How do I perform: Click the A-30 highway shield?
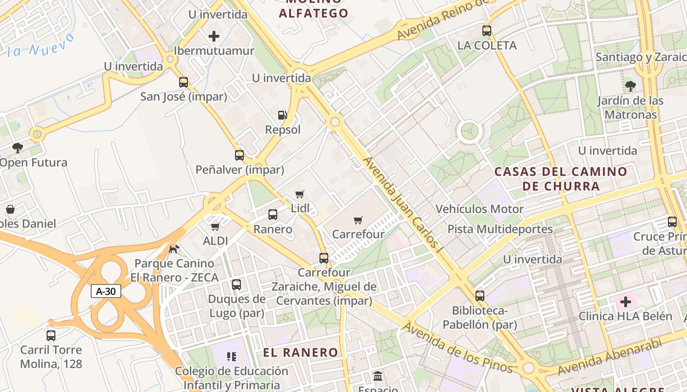click(106, 291)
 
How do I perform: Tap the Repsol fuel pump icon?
click(283, 115)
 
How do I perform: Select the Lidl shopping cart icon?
click(300, 194)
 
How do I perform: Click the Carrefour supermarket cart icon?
click(358, 220)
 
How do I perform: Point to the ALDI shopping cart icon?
click(215, 226)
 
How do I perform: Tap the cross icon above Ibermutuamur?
click(214, 36)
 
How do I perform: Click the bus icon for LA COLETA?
click(487, 31)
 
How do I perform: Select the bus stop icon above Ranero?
click(273, 215)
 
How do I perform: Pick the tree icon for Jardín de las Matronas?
click(631, 87)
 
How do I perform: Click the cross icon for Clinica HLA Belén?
click(626, 302)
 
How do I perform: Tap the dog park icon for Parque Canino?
click(173, 249)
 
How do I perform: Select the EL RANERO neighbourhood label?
click(300, 352)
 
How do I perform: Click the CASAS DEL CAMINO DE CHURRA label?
click(560, 179)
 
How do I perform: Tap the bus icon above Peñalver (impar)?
click(239, 155)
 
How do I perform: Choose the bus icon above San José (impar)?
click(184, 82)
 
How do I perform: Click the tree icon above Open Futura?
click(18, 147)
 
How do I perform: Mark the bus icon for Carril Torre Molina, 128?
click(51, 336)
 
